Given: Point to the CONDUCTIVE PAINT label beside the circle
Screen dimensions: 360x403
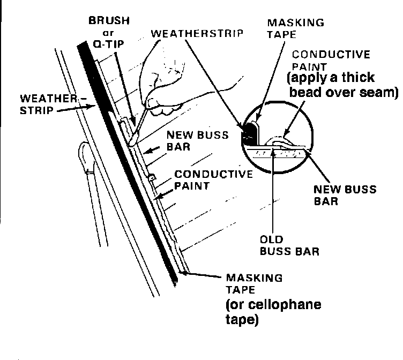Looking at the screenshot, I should point(323,60).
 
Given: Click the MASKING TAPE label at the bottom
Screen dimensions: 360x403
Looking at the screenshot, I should point(253,285).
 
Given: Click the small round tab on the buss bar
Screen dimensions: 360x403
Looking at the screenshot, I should point(152,177).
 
